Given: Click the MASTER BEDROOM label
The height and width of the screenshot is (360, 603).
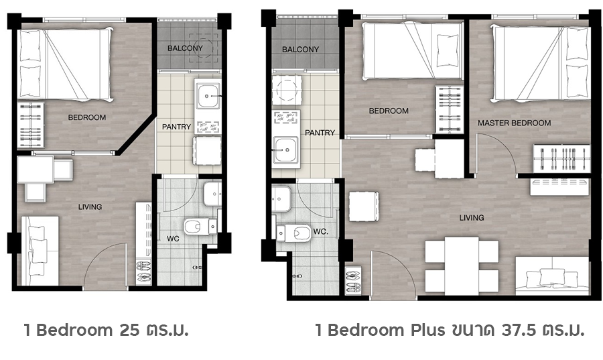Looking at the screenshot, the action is point(514,123).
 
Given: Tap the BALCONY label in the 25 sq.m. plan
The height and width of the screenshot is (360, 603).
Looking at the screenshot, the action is point(185,48).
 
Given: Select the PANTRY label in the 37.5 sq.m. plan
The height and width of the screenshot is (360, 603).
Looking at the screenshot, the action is point(320,133).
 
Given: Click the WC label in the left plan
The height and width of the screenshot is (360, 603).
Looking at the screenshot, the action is point(173,239).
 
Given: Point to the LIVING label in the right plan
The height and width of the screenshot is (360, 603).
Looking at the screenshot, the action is point(472,218).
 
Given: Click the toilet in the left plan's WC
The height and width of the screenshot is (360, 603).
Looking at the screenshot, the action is point(200,227).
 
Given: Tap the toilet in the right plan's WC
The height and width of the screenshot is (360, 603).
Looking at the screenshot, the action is point(293,233).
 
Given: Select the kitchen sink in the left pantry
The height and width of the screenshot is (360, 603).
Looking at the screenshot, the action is point(207,95).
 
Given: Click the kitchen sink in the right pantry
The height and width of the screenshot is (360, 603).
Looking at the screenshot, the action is point(285,150).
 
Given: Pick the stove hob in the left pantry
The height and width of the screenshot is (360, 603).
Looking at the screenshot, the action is point(208,127).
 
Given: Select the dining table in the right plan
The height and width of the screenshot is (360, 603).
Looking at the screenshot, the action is point(462,265).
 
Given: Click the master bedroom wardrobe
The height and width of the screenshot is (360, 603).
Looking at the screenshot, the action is point(561,158).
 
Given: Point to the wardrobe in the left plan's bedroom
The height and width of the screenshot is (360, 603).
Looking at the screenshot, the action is point(30,125).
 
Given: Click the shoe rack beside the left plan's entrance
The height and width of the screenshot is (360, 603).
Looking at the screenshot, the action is point(143,272).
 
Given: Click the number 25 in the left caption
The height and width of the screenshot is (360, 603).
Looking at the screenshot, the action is point(129,330).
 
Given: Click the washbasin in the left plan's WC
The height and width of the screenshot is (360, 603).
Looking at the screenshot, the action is point(212,194).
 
